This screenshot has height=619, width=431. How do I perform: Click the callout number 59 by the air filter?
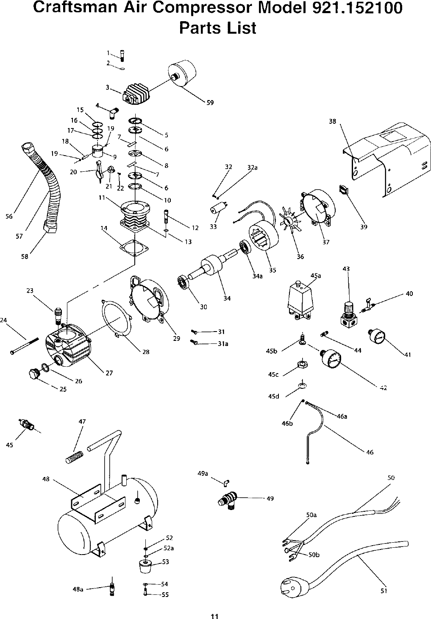click(x=210, y=102)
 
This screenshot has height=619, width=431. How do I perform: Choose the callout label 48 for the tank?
click(x=46, y=479)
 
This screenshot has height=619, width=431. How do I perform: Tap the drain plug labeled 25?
click(x=33, y=374)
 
